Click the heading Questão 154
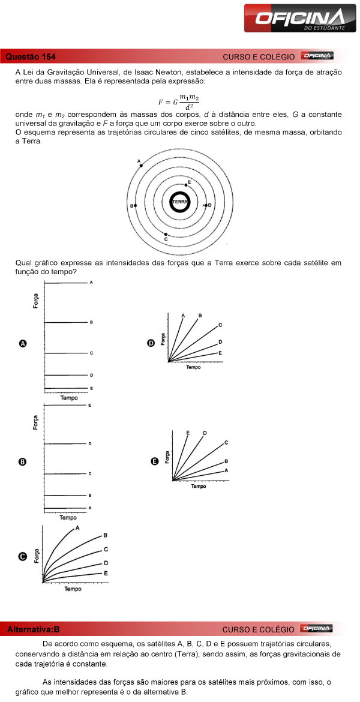tap(31, 57)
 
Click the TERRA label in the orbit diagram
tap(179, 202)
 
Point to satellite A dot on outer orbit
tap(141, 165)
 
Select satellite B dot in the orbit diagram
tap(136, 206)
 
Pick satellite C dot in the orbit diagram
tap(166, 234)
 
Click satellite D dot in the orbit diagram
tap(206, 206)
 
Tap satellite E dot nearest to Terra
tap(186, 185)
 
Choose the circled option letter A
tap(23, 344)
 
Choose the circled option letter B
tap(23, 462)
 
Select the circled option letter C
tap(23, 556)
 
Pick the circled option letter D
tap(151, 343)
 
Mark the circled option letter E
tap(155, 461)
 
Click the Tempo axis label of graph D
tap(193, 367)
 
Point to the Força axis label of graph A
tap(37, 301)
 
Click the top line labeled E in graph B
tap(66, 406)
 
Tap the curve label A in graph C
tap(78, 528)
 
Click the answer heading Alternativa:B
tap(34, 629)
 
